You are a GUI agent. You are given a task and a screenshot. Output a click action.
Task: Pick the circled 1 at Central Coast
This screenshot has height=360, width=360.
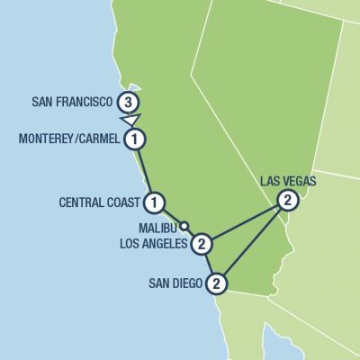(x=155, y=201)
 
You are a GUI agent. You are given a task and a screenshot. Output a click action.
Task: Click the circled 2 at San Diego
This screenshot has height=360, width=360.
(x=217, y=284)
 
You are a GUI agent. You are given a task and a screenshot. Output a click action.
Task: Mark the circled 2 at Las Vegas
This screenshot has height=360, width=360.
(x=286, y=200)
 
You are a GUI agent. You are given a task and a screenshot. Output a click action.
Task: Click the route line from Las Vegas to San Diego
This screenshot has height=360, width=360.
(x=252, y=242)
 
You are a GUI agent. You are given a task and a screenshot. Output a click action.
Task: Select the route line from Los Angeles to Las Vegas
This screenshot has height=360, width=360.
(x=245, y=221)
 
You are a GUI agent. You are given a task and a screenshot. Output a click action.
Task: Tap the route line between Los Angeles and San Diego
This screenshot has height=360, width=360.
(x=210, y=264)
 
